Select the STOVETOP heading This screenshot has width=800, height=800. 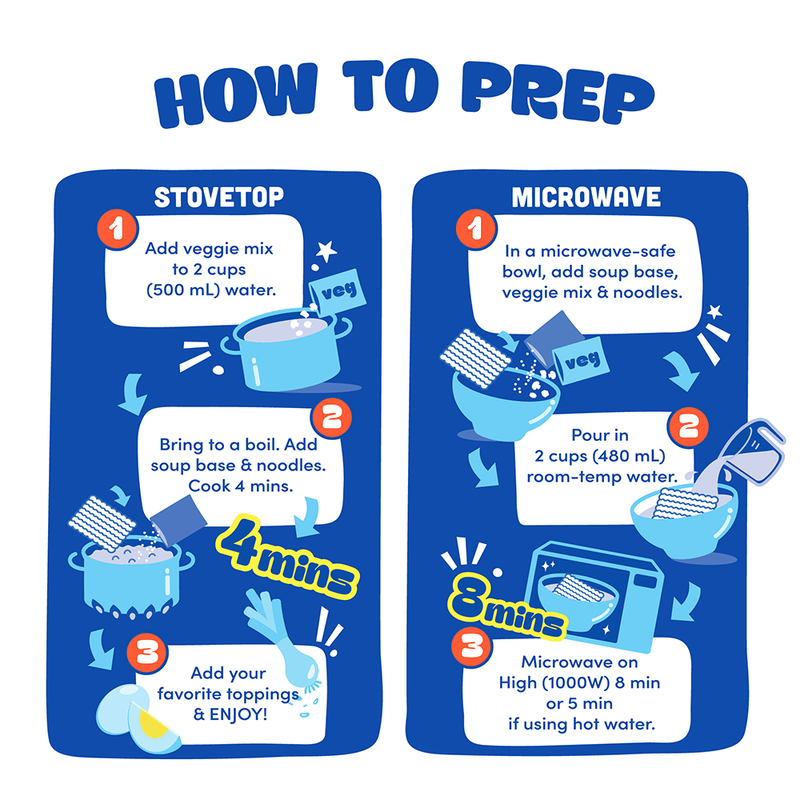(x=219, y=197)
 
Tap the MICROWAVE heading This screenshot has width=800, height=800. (x=586, y=197)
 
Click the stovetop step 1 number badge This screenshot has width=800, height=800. (x=117, y=229)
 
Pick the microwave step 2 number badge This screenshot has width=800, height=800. (x=688, y=427)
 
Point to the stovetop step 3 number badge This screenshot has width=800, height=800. (x=147, y=653)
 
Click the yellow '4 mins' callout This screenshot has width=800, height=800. (x=287, y=557)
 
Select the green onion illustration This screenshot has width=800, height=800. (x=282, y=640)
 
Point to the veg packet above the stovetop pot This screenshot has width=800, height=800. (x=337, y=292)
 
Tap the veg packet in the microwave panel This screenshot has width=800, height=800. (x=581, y=361)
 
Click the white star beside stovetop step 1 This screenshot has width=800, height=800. (x=326, y=251)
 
